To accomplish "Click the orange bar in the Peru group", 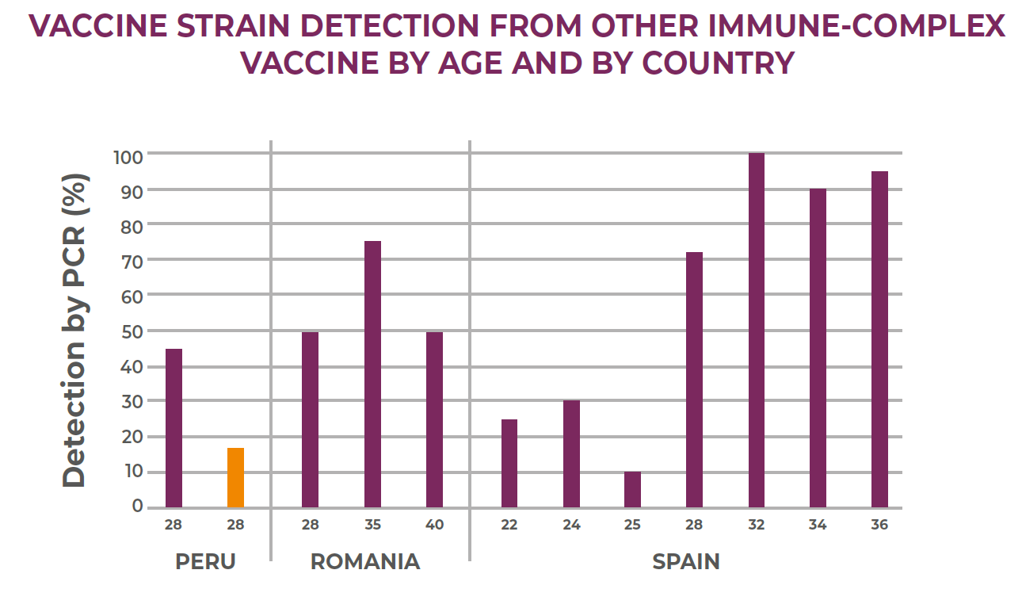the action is coord(235,477).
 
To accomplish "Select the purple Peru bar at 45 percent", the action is coord(174,428).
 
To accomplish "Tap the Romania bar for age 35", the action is coord(373,374).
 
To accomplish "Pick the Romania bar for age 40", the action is coord(434,419).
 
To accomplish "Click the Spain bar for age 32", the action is coord(757,330).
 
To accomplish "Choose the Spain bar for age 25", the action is coord(632,489).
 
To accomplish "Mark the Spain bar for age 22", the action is coord(509,464).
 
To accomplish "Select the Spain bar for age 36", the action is coord(879,339).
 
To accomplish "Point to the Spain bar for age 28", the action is coord(695,380).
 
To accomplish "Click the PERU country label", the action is coord(205,561).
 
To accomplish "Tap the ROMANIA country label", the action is coord(365,561).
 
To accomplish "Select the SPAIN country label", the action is coord(686,561).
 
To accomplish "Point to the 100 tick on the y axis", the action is coord(128,158).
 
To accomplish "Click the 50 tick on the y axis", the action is coord(132,332).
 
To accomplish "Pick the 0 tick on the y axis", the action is coord(137,506).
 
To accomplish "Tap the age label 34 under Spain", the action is coord(818,525).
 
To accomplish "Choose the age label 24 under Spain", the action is coord(571,525).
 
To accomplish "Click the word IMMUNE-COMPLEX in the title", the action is coord(856,25).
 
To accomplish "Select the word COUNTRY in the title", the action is coord(719,63).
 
